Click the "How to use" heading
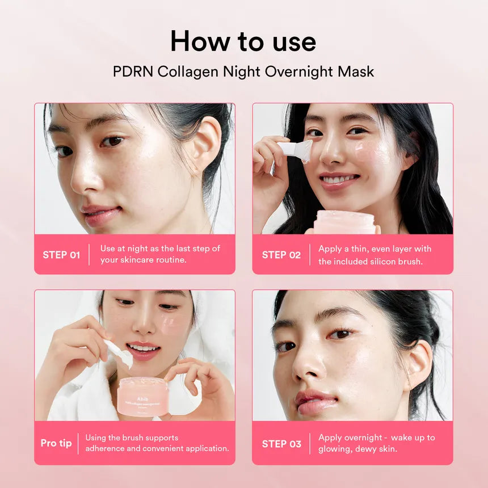(243, 41)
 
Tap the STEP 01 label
(61, 255)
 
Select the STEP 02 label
(281, 255)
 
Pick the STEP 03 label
(281, 444)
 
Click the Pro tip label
(56, 443)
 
